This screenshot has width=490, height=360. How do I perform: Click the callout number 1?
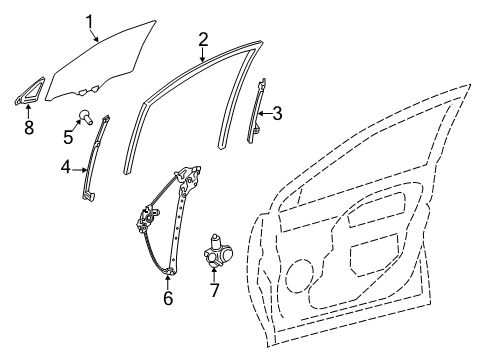pos(89,19)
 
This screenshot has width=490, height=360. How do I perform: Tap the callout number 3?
pos(277,114)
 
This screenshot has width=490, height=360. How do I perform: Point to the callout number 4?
pos(65,167)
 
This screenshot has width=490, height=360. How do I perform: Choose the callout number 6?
pos(168,297)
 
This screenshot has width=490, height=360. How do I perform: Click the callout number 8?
pos(28,127)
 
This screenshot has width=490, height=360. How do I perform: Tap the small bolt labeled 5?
pos(91,118)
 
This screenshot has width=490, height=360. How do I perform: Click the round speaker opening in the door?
pos(301,270)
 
